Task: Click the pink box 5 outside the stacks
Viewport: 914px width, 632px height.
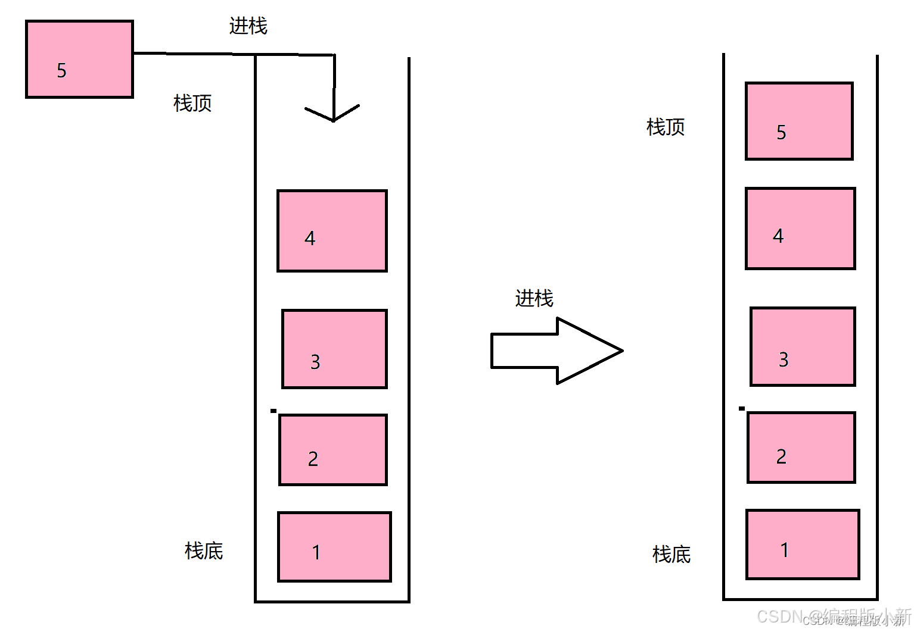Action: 79,59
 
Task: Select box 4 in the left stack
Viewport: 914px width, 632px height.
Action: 332,231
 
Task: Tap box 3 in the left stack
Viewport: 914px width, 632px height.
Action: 334,349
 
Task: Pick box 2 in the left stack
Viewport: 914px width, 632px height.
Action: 333,450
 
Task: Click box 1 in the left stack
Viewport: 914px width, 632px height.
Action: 334,546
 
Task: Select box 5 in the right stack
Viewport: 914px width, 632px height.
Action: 799,121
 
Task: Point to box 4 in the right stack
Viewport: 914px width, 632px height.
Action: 800,229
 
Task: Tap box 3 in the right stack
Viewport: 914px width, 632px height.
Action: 803,346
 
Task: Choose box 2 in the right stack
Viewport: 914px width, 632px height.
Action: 801,448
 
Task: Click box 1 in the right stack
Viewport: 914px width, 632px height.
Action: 803,544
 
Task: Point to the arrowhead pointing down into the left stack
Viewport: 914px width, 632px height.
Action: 333,114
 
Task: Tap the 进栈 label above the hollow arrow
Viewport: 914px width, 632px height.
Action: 534,298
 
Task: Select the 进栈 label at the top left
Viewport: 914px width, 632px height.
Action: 248,26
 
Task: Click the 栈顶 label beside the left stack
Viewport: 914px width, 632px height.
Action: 192,103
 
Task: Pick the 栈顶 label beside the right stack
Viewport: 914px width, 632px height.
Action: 666,127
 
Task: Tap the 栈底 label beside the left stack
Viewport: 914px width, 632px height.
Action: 204,550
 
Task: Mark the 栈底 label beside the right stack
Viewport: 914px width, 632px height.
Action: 671,554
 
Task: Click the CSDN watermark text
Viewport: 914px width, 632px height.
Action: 834,617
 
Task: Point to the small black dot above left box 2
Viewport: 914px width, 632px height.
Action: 273,411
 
